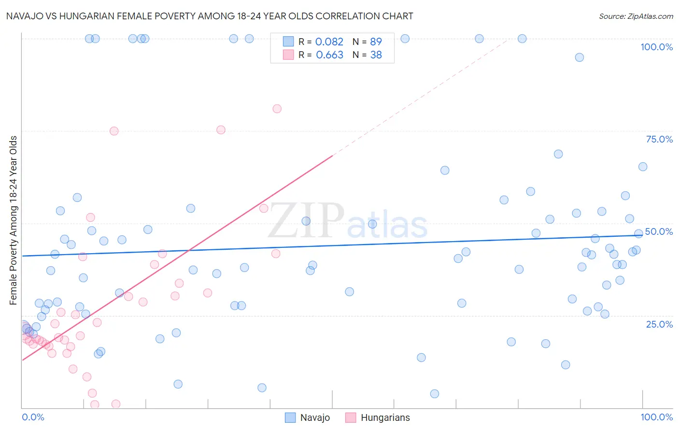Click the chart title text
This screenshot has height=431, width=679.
click(210, 16)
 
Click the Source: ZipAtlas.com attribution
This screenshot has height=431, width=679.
click(636, 16)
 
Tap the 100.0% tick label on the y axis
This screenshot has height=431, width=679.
click(656, 47)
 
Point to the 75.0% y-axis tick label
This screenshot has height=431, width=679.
click(659, 139)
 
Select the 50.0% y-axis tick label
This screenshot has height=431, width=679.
click(659, 231)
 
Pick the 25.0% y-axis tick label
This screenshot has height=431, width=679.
click(659, 324)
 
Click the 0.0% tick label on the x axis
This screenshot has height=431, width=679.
click(33, 417)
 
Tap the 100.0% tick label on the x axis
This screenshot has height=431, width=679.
click(656, 417)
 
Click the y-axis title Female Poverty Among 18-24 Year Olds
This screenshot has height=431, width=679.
click(14, 220)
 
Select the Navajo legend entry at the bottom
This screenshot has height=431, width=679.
click(308, 417)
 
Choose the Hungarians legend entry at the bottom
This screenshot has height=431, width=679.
click(378, 417)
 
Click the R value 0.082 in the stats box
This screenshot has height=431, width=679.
click(329, 42)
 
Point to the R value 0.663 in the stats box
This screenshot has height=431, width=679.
click(329, 55)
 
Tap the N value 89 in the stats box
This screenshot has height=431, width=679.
click(376, 42)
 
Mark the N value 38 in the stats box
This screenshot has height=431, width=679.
click(376, 55)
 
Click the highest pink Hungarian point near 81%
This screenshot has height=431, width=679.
click(277, 109)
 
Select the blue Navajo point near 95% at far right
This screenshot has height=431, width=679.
click(580, 57)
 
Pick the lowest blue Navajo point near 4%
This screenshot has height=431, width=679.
click(435, 394)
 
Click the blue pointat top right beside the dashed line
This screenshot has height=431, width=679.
click(522, 39)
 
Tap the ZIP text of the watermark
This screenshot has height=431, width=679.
click(306, 221)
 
